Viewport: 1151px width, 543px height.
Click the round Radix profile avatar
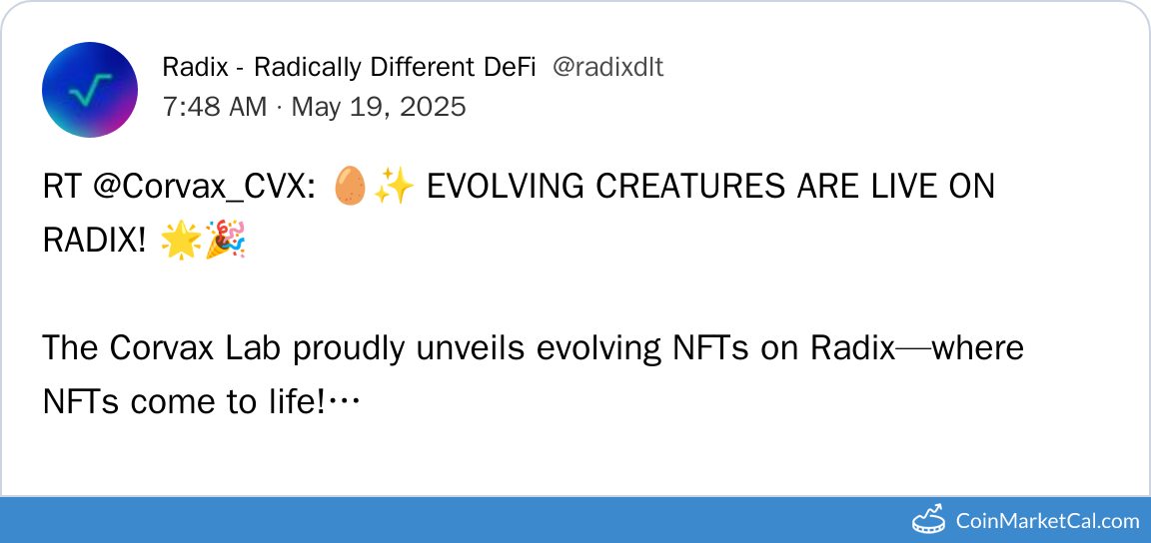pos(90,90)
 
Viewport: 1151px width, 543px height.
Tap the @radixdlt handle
pos(607,68)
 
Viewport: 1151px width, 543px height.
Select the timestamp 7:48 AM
pos(215,107)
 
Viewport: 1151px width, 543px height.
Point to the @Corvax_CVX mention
pos(205,188)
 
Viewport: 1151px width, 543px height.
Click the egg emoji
pos(350,187)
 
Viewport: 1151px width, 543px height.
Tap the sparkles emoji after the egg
pos(395,187)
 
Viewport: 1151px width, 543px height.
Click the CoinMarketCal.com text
pos(1048,521)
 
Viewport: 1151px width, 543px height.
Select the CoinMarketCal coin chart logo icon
pos(928,519)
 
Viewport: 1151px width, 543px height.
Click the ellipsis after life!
pos(343,402)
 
